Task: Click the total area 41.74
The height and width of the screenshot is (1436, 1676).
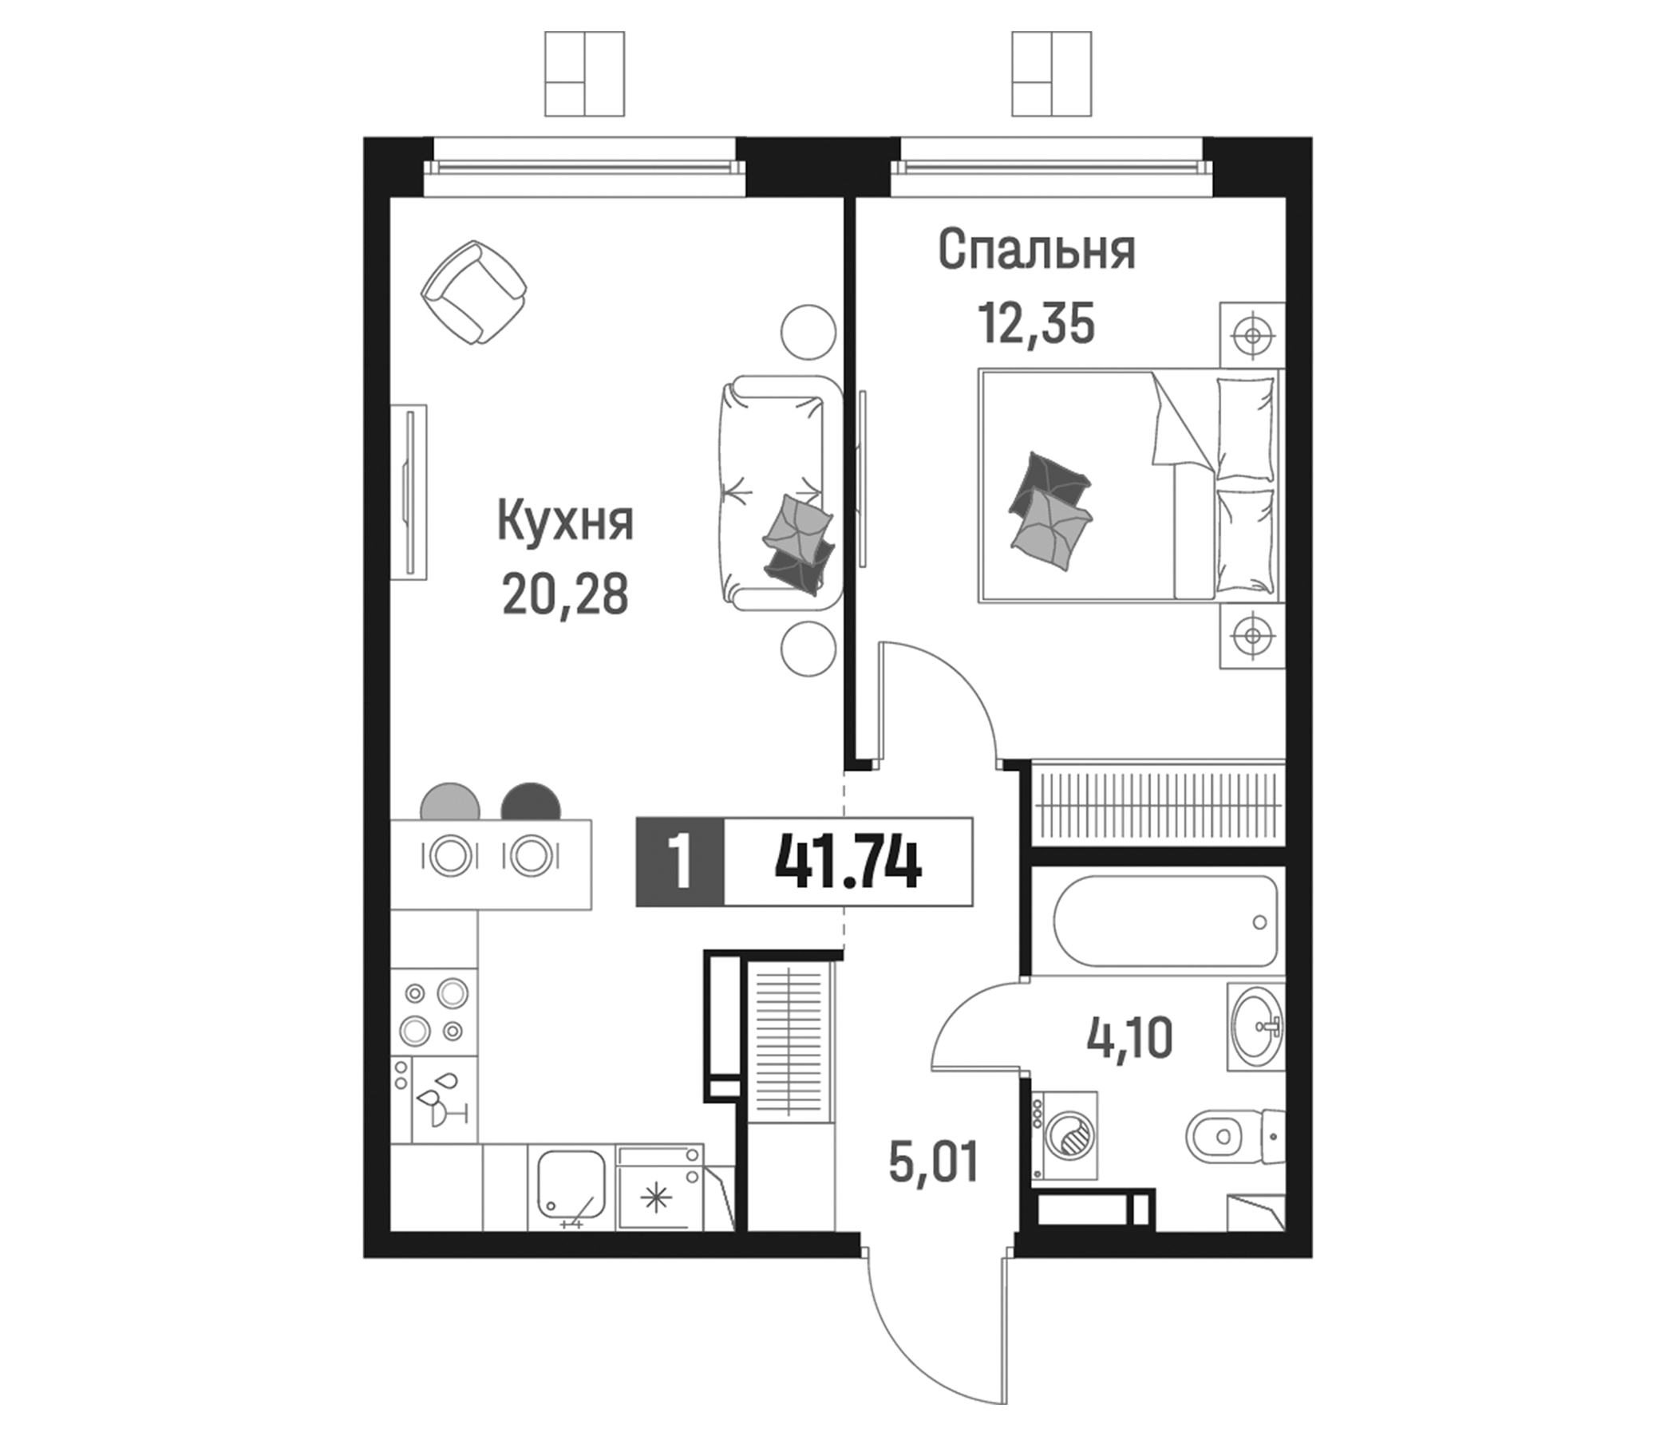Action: coord(848,862)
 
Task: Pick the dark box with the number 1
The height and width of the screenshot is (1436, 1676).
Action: coord(680,862)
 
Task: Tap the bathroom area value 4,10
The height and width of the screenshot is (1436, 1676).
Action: coord(1129,1038)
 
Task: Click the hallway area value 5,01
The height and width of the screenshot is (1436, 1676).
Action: coord(934,1161)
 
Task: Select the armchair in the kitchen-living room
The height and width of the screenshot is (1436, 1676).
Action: coord(474,292)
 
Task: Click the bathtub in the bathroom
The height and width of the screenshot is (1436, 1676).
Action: coord(1165,921)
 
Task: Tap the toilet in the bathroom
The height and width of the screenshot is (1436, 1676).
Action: coord(1235,1136)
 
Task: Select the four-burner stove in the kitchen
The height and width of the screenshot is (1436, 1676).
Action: coord(433,1012)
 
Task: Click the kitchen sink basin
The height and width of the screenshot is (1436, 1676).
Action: coord(571,1185)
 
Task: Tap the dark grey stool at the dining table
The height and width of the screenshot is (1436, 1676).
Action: coord(531,800)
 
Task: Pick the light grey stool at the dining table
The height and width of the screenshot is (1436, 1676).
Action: coord(450,800)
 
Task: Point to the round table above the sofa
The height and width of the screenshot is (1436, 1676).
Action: coord(808,332)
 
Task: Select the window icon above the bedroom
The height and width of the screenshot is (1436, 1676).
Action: coord(1052,73)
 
